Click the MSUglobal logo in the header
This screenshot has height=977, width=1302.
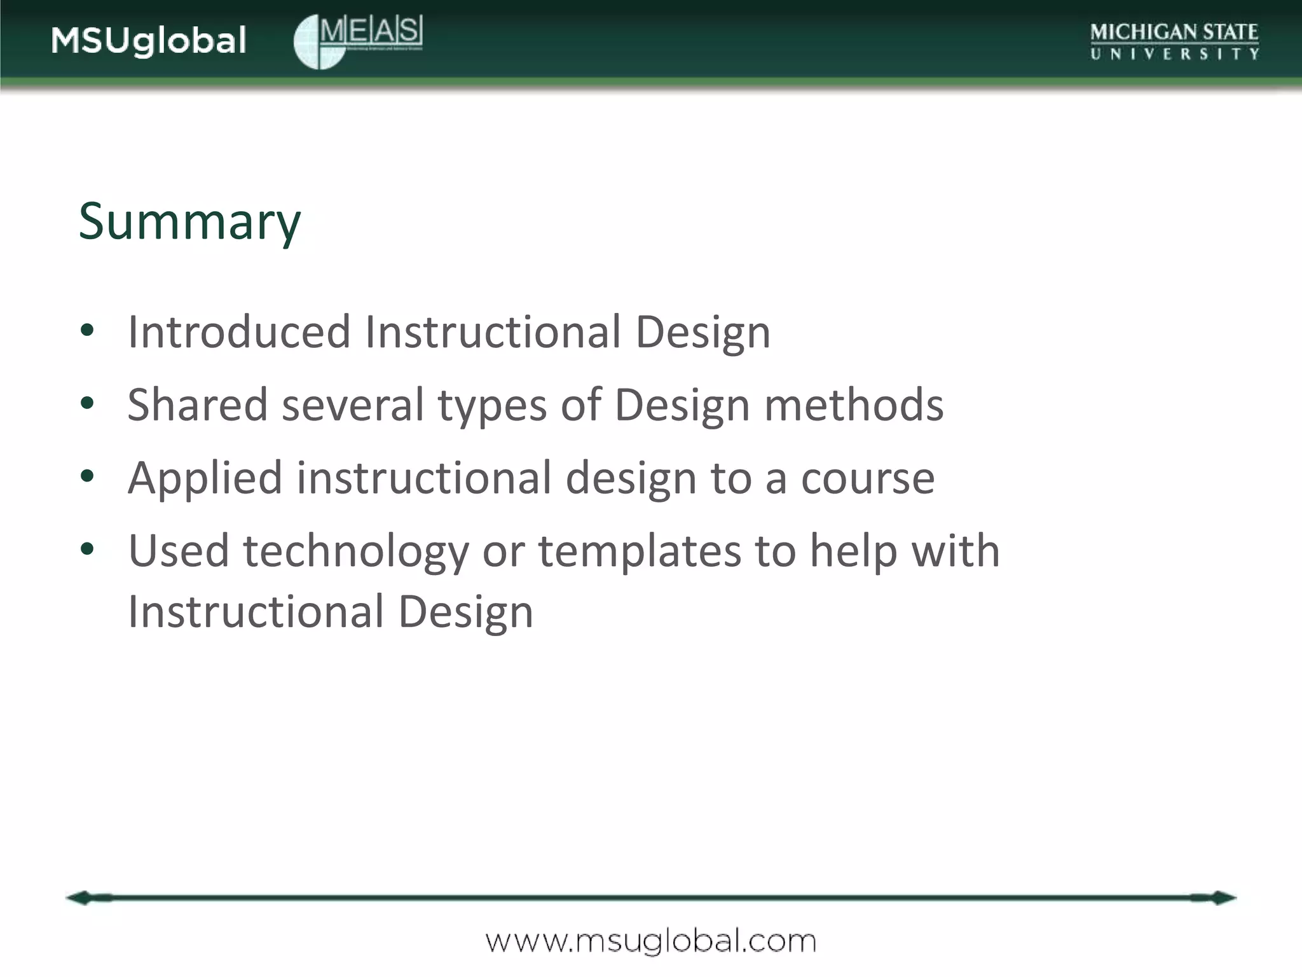click(149, 41)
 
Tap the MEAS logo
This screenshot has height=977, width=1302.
click(358, 41)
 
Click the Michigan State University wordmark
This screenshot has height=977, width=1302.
click(1174, 41)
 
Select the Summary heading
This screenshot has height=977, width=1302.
click(189, 221)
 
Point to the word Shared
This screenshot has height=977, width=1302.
click(197, 405)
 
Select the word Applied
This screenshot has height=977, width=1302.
click(205, 478)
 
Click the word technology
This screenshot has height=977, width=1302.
click(355, 551)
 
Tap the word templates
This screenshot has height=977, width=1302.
click(640, 551)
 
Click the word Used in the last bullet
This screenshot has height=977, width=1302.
click(178, 551)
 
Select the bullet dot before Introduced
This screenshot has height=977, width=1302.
click(88, 330)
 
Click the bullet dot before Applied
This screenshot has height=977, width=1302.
click(88, 476)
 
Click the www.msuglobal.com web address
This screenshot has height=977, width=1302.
click(651, 941)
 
